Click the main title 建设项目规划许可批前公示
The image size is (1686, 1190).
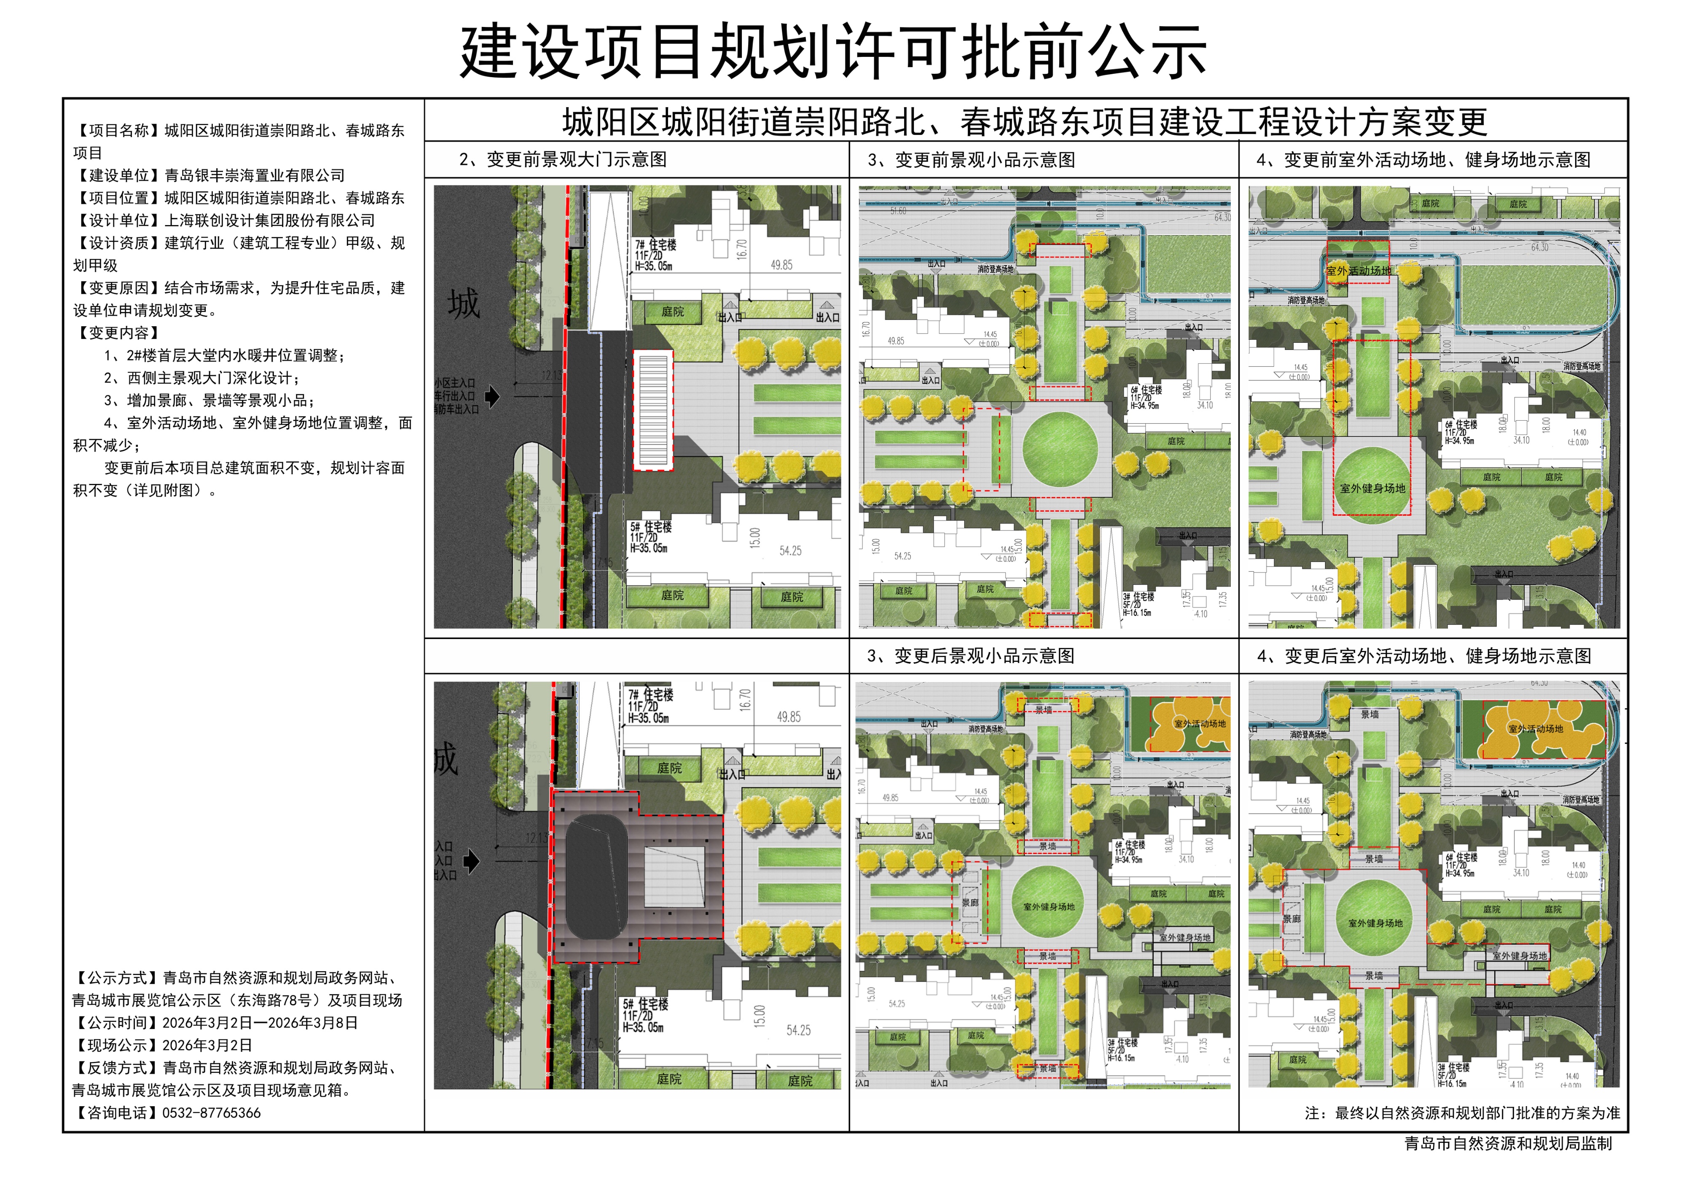pos(833,51)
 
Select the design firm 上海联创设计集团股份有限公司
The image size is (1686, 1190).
pos(269,220)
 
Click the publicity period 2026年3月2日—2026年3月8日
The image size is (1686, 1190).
pos(260,1023)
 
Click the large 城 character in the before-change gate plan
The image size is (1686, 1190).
pos(464,304)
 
